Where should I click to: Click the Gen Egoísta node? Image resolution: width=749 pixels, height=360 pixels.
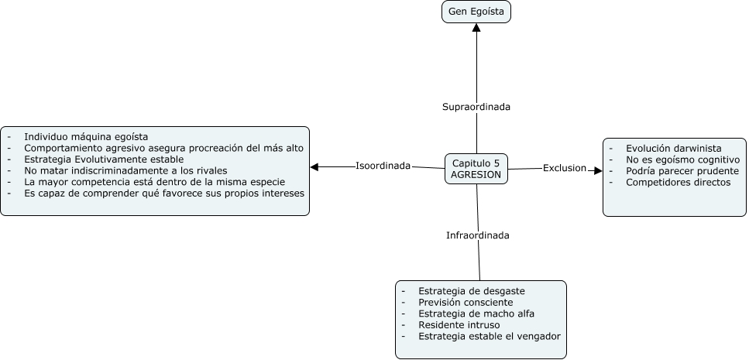[x=476, y=12]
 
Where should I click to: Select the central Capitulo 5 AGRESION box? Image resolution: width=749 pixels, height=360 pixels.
[x=476, y=169]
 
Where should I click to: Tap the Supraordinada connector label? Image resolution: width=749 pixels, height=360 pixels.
[x=476, y=107]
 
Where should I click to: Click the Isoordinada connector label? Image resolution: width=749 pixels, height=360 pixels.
[x=383, y=166]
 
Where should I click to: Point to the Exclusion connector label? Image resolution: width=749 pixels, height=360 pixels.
[x=564, y=168]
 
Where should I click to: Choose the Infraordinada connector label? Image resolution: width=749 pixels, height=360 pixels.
[x=477, y=235]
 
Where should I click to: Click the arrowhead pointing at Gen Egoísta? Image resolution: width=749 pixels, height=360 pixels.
[x=476, y=28]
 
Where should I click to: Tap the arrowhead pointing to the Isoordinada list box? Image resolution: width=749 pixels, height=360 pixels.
[x=314, y=166]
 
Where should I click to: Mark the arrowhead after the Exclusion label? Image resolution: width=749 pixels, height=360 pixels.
[x=598, y=170]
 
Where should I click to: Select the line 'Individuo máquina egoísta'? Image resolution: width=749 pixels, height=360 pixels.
[x=85, y=137]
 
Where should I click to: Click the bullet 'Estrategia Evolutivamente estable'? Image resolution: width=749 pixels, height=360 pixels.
[x=104, y=159]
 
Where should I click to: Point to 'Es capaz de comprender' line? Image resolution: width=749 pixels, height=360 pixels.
[x=164, y=193]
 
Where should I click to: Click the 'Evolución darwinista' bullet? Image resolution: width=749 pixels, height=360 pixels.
[x=674, y=148]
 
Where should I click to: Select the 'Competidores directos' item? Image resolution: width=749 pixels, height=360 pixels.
[x=678, y=182]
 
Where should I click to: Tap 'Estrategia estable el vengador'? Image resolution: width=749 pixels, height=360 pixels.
[x=489, y=336]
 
